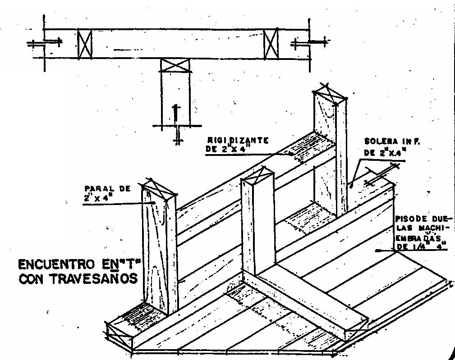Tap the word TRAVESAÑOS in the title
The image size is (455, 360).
tap(94, 279)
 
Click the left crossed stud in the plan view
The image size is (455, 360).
tap(84, 45)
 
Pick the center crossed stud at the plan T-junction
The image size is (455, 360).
tap(175, 65)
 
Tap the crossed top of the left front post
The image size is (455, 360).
tap(158, 191)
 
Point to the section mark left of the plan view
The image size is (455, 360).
tap(45, 44)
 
